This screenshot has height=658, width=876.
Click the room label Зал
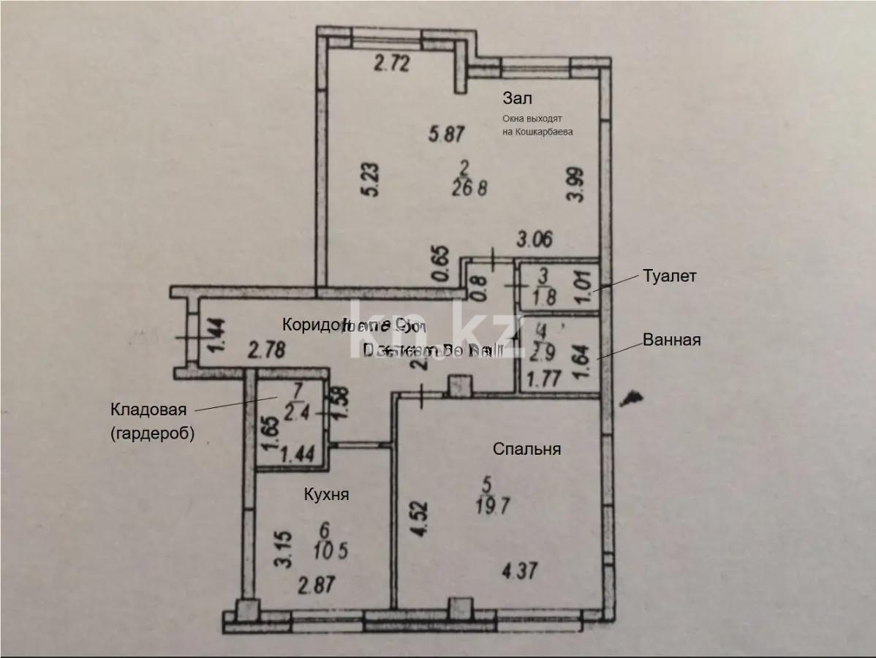coord(517,98)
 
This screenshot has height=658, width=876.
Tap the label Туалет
coord(670,276)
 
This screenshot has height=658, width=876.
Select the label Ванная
coord(672,340)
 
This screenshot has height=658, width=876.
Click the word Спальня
coord(527,449)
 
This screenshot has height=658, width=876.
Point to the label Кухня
coord(326,494)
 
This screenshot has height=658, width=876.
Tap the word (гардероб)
coord(153,434)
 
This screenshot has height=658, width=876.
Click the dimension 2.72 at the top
coord(391,64)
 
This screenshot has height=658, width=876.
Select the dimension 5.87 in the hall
coord(448,134)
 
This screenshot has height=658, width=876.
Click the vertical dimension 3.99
coord(578,185)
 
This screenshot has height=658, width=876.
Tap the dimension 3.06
coord(535,238)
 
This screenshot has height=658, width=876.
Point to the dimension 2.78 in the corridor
coord(266,350)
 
